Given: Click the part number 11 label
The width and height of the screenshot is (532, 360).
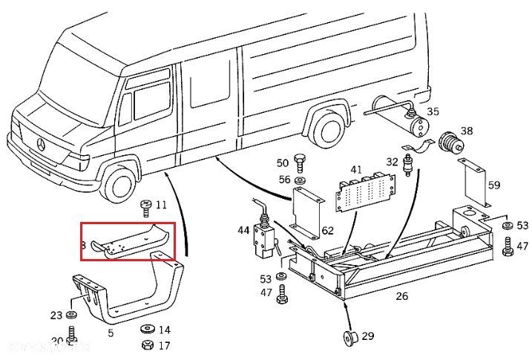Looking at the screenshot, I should pyautogui.click(x=161, y=204).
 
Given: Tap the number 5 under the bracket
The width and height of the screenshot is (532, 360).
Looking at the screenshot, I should pyautogui.click(x=111, y=333).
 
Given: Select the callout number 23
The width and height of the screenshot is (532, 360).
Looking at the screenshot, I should pyautogui.click(x=56, y=315).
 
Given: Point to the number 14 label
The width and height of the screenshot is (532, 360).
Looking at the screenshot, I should pyautogui.click(x=164, y=330).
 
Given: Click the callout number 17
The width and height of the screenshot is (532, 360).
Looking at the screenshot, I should pyautogui.click(x=164, y=345).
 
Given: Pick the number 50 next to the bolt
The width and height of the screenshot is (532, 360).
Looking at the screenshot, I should pyautogui.click(x=283, y=163).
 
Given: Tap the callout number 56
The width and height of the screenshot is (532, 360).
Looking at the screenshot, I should pyautogui.click(x=284, y=180).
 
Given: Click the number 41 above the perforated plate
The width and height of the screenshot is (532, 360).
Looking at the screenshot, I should pyautogui.click(x=357, y=170).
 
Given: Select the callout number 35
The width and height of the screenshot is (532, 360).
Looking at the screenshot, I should pyautogui.click(x=433, y=112).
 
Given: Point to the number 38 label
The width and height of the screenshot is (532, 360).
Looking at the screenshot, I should pyautogui.click(x=466, y=131).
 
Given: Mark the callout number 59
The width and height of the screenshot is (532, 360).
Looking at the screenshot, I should pyautogui.click(x=494, y=186).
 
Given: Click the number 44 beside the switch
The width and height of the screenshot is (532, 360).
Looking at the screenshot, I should pyautogui.click(x=244, y=230).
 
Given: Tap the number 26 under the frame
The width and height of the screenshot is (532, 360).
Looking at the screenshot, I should pyautogui.click(x=401, y=296).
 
